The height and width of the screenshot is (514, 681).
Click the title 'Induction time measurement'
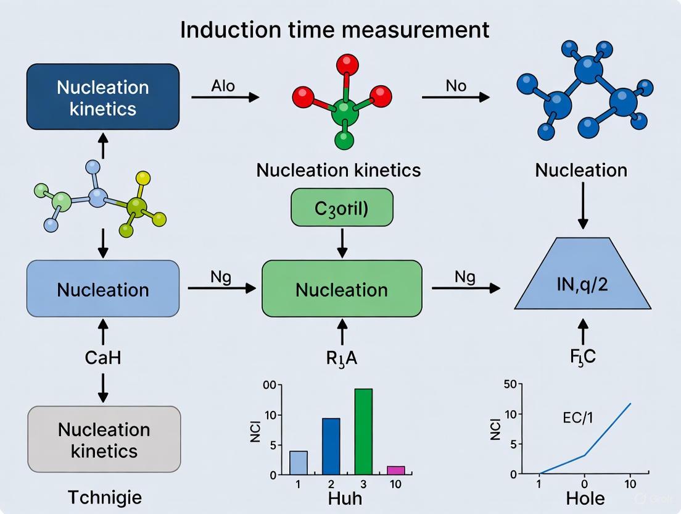point(335,29)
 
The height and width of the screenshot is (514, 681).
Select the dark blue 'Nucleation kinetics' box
point(103,97)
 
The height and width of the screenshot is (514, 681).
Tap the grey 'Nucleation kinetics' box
point(104,439)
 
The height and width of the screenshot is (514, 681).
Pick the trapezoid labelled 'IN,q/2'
point(582,285)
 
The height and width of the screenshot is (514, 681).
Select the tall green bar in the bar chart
point(363,431)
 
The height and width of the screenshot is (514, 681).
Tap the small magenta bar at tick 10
point(396,470)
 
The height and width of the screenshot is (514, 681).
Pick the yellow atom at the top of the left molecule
point(143,179)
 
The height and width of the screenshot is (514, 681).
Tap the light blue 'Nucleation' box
point(103,289)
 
